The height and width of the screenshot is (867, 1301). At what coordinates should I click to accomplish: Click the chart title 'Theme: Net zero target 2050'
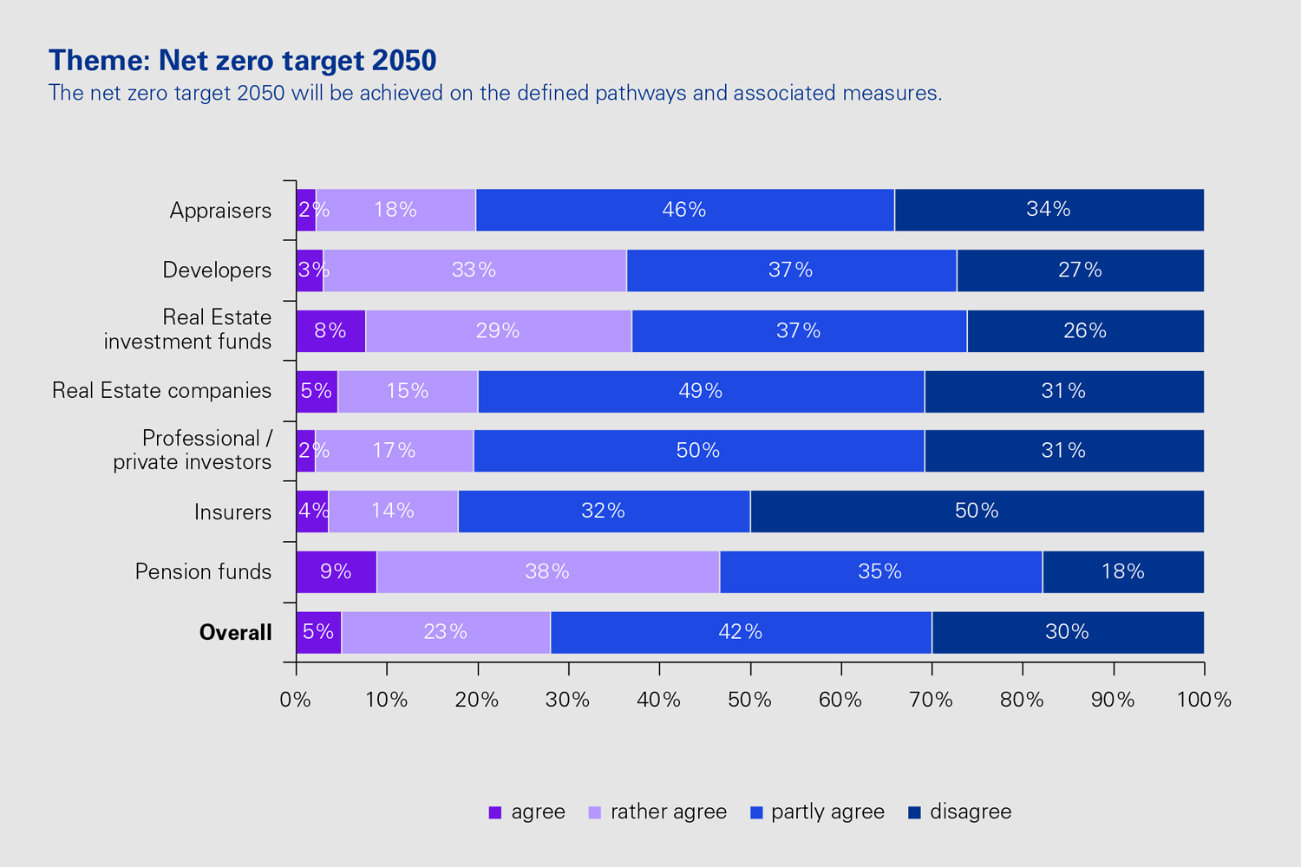point(243,61)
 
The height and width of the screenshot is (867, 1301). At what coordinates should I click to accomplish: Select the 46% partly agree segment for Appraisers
point(684,210)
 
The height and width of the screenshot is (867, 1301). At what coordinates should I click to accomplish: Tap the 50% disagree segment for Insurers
point(977,512)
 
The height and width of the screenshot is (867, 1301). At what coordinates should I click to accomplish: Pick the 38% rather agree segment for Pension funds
point(547,572)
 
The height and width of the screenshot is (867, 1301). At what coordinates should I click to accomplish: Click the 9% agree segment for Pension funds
point(336,572)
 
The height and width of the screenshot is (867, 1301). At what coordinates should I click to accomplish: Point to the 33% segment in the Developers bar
point(474,271)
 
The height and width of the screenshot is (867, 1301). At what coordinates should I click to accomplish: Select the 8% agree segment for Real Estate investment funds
point(330,331)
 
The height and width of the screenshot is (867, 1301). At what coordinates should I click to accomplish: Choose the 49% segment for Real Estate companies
point(701,391)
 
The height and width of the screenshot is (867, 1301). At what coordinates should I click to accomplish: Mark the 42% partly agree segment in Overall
point(741,632)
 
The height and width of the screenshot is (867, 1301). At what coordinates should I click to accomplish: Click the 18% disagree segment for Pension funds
point(1123,572)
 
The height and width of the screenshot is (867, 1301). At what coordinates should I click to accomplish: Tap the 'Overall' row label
point(235,633)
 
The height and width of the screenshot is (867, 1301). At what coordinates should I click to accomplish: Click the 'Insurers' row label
point(232,512)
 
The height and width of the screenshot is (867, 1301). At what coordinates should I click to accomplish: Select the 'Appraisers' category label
point(220,211)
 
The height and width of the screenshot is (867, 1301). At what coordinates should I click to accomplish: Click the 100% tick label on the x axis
point(1204,700)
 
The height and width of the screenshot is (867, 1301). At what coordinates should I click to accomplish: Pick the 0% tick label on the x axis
point(296,700)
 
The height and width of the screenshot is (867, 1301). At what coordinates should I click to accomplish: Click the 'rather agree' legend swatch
point(595,812)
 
